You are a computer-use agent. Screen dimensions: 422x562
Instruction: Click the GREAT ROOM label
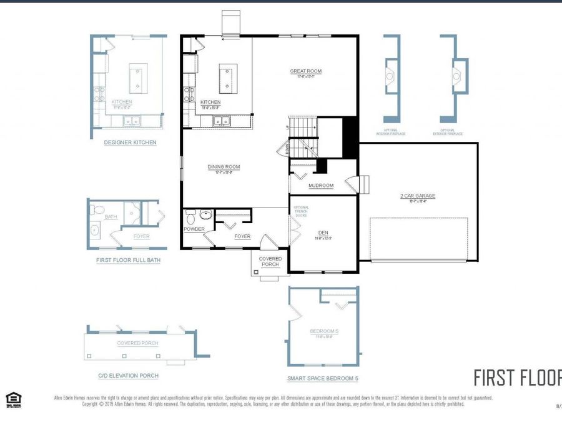click(x=305, y=71)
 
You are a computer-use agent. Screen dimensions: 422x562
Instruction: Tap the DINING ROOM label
click(x=224, y=167)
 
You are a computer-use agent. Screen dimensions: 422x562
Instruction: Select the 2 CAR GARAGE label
click(x=418, y=196)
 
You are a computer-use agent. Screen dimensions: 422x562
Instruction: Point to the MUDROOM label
click(x=321, y=186)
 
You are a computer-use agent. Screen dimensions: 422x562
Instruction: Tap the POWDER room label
click(x=194, y=229)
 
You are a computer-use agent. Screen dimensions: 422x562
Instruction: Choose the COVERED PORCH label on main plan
click(x=271, y=261)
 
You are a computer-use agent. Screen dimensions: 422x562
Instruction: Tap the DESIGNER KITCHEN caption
click(x=130, y=143)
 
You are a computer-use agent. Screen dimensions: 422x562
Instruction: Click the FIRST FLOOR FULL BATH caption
click(x=128, y=260)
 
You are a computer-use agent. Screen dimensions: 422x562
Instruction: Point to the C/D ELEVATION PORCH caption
click(x=128, y=376)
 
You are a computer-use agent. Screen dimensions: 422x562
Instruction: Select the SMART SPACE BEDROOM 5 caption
click(x=322, y=378)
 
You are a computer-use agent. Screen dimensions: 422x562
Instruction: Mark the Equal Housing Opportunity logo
click(x=12, y=399)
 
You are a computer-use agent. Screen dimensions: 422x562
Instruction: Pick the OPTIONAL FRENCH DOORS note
click(x=301, y=213)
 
